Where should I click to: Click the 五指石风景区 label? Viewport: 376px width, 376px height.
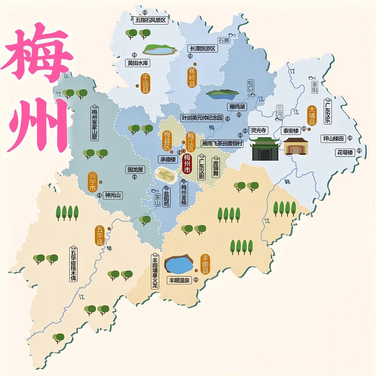click(151, 20)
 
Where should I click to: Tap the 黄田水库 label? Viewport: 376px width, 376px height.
click(138, 63)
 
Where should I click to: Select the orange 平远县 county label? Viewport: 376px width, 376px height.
click(145, 84)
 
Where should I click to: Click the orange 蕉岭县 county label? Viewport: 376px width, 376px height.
click(192, 77)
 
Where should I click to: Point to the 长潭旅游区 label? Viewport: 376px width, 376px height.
click(202, 48)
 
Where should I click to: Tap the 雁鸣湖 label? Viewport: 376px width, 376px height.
click(237, 107)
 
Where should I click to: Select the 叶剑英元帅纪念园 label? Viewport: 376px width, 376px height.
click(202, 118)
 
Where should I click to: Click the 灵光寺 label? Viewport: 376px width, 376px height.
click(258, 130)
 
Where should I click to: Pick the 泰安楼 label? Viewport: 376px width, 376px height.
click(291, 131)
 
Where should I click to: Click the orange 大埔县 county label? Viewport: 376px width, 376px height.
click(312, 116)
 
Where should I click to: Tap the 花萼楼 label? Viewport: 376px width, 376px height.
click(345, 152)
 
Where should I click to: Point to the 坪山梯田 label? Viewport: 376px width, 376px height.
click(333, 139)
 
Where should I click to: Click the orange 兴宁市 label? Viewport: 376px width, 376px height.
click(93, 182)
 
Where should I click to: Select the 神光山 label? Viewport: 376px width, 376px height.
click(113, 195)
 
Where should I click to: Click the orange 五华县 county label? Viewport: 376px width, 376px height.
click(100, 236)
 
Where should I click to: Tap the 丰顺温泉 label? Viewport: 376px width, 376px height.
click(179, 281)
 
